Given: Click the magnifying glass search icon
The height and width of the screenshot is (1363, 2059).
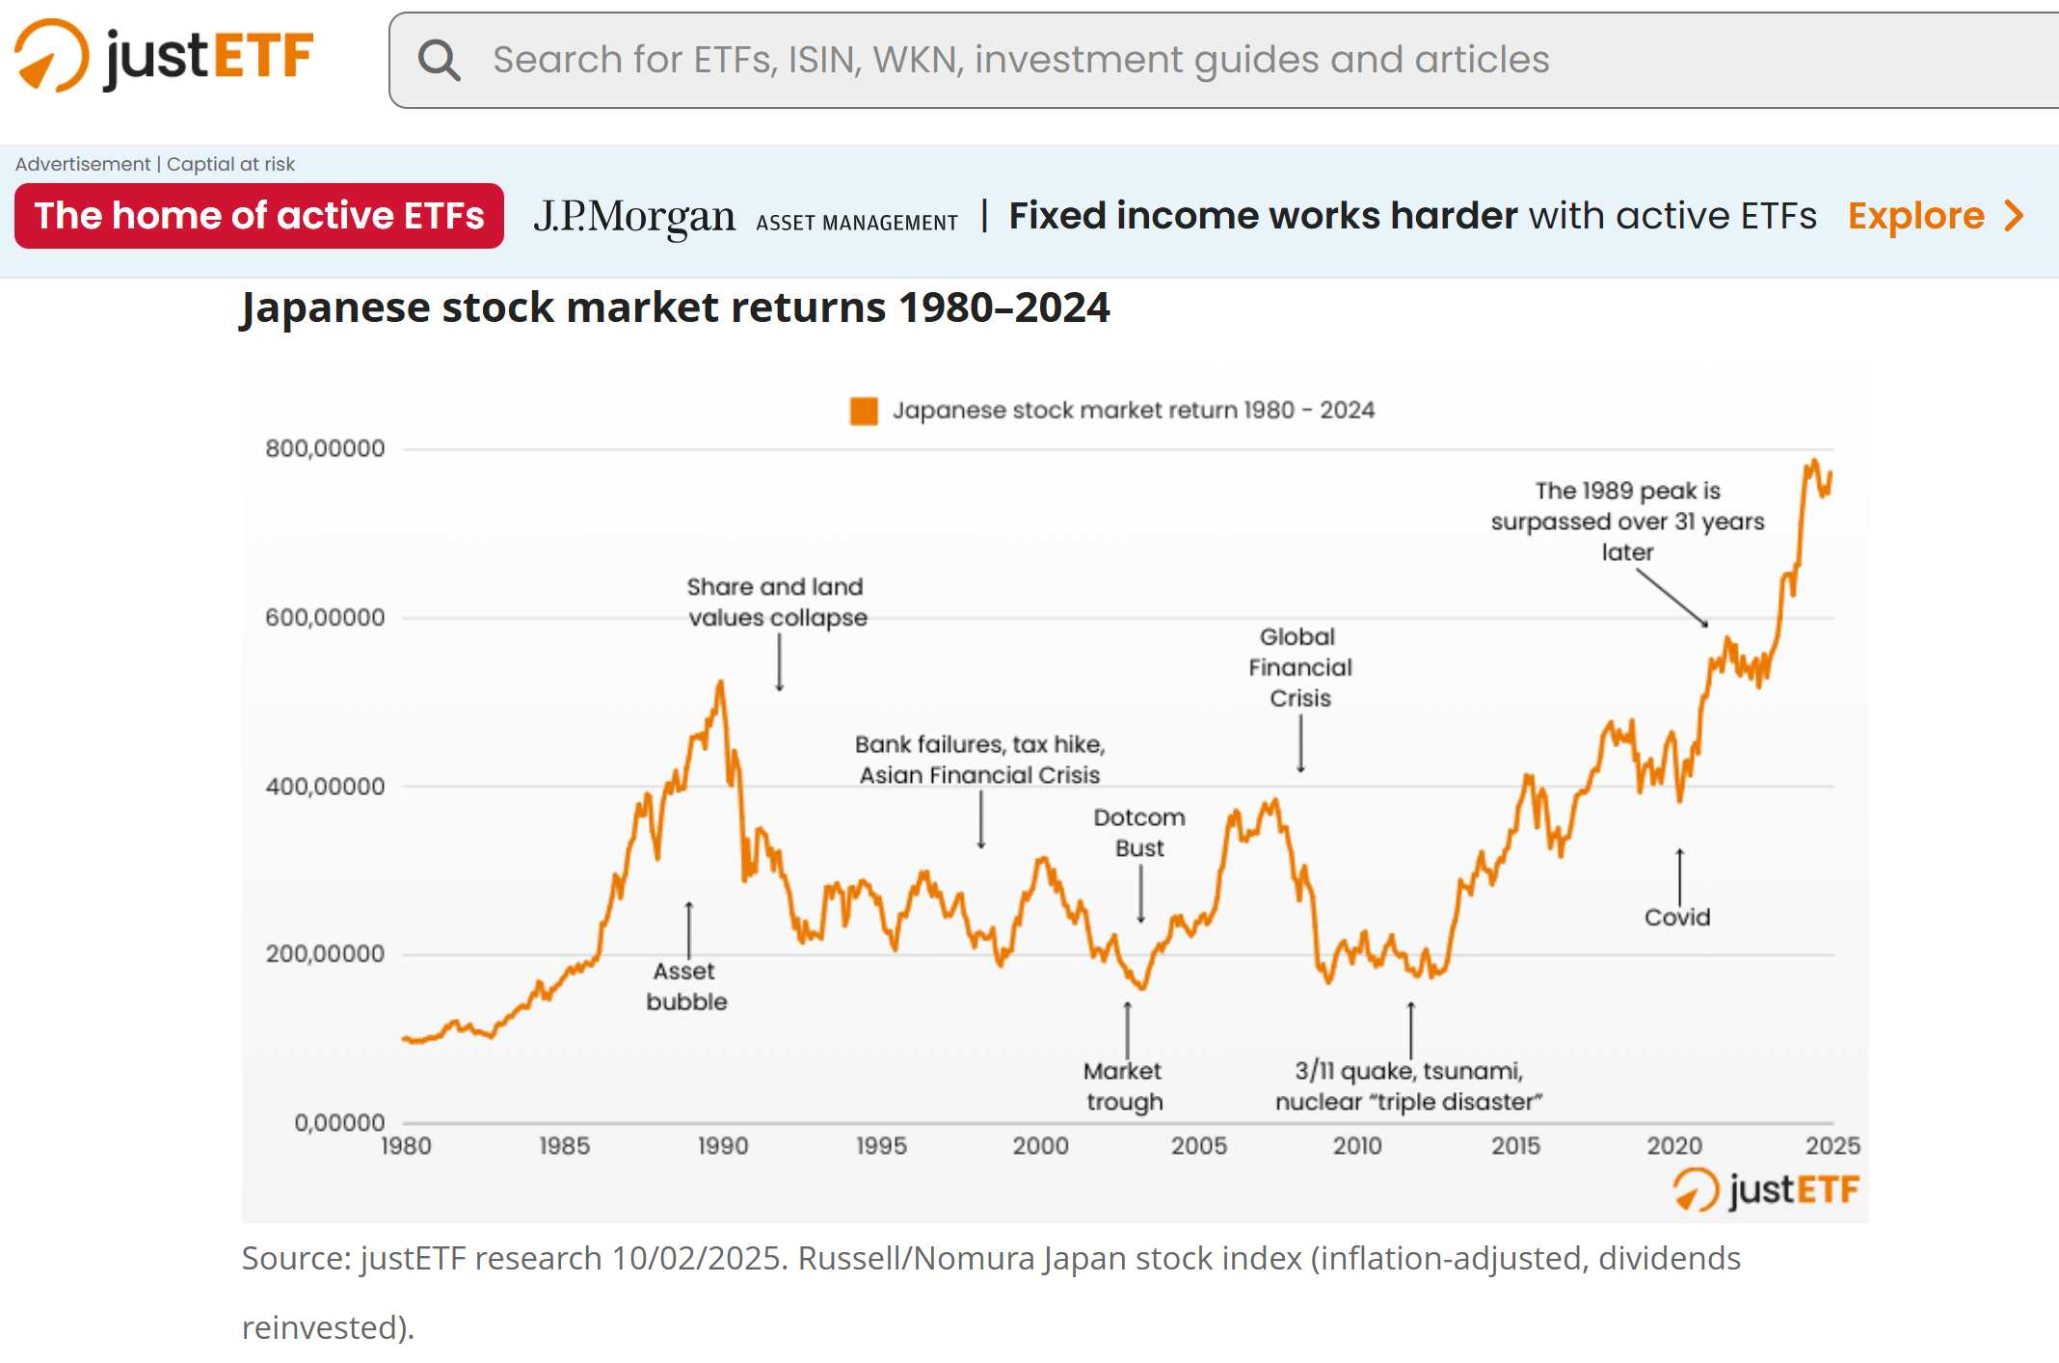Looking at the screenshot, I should pos(439,60).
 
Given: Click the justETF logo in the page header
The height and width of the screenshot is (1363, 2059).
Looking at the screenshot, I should pos(164,56).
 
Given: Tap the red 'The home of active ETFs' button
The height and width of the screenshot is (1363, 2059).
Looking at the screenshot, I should pos(258,216).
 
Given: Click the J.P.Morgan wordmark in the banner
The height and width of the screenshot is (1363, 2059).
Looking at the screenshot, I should pos(634,217).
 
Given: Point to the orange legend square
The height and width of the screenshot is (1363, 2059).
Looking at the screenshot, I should pos(863,411).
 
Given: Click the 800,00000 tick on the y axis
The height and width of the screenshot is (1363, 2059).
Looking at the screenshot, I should pos(325,448).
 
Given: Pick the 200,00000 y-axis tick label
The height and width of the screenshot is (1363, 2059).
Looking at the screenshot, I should pos(325,954).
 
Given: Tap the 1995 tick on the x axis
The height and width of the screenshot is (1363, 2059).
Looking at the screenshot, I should pos(881,1145).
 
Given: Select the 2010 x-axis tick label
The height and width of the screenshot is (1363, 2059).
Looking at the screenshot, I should pos(1357,1145).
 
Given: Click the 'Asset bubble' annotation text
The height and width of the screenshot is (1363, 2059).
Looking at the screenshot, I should pos(686,986).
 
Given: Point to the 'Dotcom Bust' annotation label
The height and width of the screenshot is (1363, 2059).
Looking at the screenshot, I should pos(1139,833).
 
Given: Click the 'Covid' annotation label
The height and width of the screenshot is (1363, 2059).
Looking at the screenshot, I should pos(1677,917).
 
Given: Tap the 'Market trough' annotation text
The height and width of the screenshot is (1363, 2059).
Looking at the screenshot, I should pos(1124,1086).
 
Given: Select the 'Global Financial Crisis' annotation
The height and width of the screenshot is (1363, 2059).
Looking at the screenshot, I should pos(1300,667).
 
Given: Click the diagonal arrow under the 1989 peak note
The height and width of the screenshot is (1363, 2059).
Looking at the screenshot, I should pos(1671,598).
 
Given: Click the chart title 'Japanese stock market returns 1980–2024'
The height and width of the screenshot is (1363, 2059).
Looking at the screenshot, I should pos(675,308).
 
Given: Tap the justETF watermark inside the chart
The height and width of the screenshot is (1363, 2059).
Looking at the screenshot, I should pos(1766,1189).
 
